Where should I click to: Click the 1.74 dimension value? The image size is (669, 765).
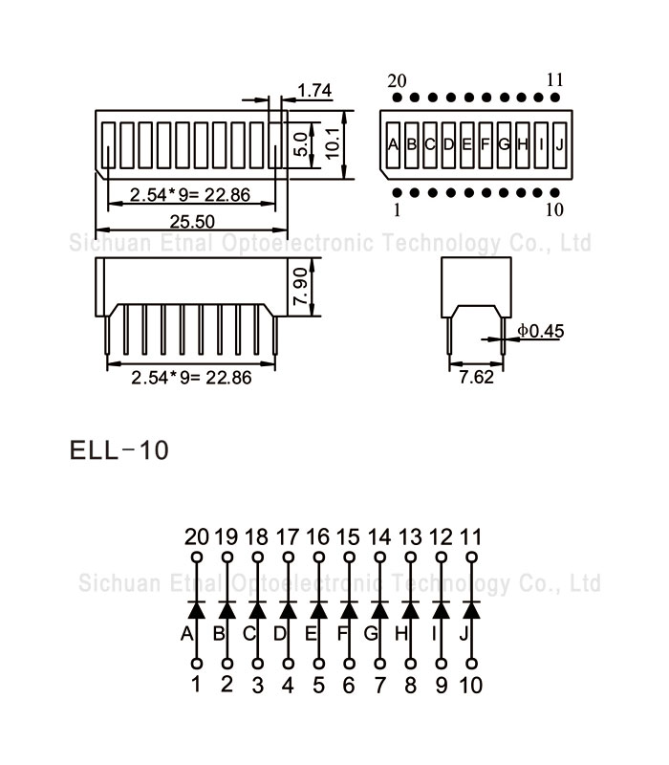[314, 91]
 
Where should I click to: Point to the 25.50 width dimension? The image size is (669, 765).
[192, 221]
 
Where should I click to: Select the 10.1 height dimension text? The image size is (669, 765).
[333, 143]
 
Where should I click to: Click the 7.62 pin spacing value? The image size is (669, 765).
[476, 377]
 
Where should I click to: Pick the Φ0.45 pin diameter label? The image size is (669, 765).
[542, 331]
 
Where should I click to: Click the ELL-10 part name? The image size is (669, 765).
[119, 449]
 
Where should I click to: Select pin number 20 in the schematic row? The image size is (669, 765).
[196, 536]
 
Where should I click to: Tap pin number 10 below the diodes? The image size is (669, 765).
[471, 685]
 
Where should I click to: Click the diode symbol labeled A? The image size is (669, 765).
[196, 609]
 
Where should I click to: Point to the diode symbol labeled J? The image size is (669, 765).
[471, 609]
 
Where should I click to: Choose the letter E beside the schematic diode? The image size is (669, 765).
[310, 633]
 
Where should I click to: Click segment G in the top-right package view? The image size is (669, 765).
[504, 144]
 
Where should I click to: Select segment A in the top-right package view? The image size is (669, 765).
[393, 144]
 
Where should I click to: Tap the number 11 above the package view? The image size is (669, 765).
[555, 79]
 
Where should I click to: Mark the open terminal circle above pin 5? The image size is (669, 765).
[318, 663]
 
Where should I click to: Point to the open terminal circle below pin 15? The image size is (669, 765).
[349, 557]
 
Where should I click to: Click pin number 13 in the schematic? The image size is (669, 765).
[410, 536]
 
